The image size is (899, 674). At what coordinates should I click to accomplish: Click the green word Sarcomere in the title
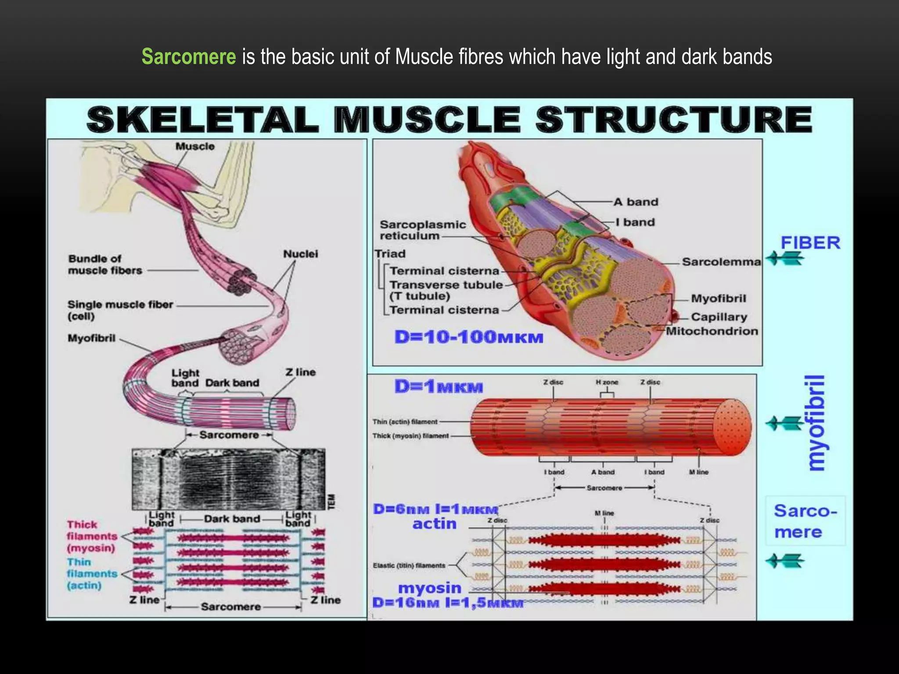pyautogui.click(x=189, y=57)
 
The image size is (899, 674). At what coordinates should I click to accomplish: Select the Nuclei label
pyautogui.click(x=300, y=254)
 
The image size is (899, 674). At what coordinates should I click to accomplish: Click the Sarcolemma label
pyautogui.click(x=721, y=262)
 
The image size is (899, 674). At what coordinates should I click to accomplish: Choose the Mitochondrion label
pyautogui.click(x=712, y=331)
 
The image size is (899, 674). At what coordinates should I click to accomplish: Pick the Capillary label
pyautogui.click(x=719, y=317)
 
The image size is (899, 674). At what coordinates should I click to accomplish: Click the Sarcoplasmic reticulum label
pyautogui.click(x=422, y=230)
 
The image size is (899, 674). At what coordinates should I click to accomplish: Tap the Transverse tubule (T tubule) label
pyautogui.click(x=446, y=290)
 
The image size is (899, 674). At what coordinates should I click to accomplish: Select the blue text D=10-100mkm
pyautogui.click(x=469, y=337)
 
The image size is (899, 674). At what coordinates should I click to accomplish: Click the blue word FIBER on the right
pyautogui.click(x=810, y=243)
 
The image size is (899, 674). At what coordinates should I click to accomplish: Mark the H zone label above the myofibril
pyautogui.click(x=607, y=382)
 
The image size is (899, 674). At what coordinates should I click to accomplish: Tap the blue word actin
pyautogui.click(x=435, y=523)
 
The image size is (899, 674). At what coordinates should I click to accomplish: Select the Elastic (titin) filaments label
pyautogui.click(x=409, y=566)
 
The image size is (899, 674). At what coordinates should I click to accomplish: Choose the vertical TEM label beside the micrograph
pyautogui.click(x=332, y=502)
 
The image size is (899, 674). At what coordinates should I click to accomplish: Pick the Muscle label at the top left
pyautogui.click(x=195, y=147)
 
